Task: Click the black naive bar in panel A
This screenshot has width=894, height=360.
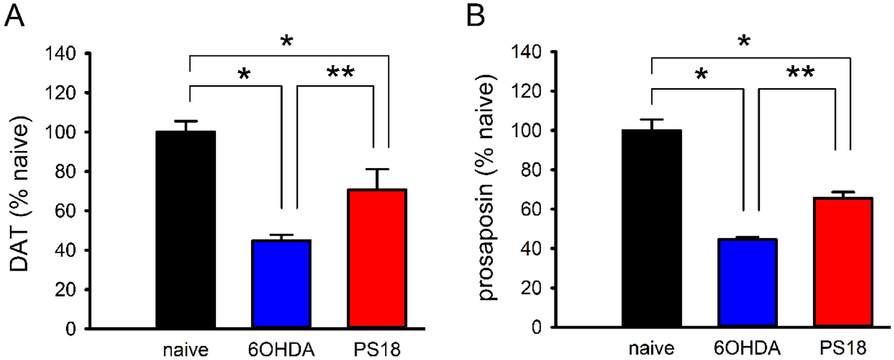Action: click(x=186, y=230)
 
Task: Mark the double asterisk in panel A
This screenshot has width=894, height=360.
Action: click(x=340, y=73)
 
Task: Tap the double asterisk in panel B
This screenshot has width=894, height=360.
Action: click(x=801, y=72)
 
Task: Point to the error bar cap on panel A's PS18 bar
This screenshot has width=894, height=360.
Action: click(x=377, y=169)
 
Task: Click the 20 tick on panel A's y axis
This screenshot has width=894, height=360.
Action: click(x=69, y=290)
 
